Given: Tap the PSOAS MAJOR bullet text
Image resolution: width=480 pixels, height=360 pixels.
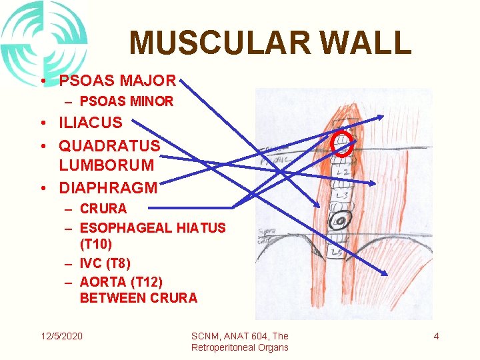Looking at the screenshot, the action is [x=117, y=81].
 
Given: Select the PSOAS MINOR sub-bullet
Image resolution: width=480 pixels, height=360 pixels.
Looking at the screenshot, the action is [x=126, y=101].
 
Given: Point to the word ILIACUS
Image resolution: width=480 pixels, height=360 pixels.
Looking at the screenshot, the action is [x=91, y=123].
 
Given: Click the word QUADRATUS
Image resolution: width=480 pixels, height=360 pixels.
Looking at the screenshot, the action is [x=109, y=145].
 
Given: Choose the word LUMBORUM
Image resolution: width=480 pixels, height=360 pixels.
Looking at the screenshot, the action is [x=106, y=165].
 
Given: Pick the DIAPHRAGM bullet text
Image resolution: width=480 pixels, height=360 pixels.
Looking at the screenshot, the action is [x=108, y=188].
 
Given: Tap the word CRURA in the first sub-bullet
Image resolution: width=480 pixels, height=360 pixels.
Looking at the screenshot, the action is [x=103, y=209].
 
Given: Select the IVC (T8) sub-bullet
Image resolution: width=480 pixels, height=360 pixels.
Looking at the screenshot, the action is [x=105, y=263].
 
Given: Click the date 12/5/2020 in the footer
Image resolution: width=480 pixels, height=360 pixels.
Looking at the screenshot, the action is [x=60, y=336].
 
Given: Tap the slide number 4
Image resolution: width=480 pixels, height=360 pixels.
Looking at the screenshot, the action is [x=436, y=336].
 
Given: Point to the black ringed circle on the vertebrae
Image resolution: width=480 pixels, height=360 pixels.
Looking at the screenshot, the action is [x=340, y=221].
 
